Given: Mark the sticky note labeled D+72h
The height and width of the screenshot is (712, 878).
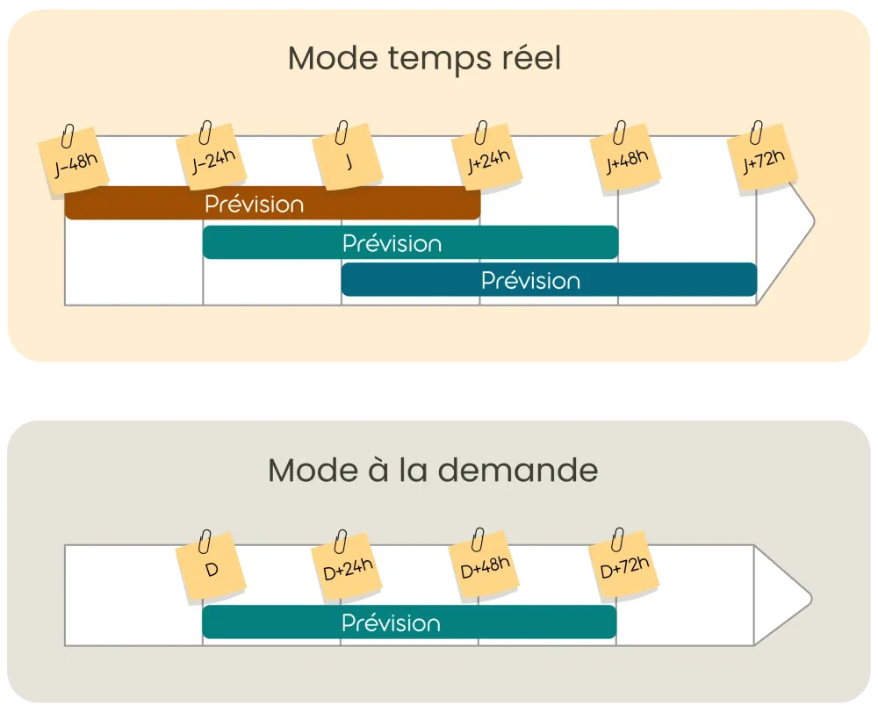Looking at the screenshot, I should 624,570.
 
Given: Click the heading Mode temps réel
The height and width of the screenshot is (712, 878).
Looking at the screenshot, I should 424,60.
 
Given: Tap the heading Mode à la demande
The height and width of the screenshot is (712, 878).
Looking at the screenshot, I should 433,471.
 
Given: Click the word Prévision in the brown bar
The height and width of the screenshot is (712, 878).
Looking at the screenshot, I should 255,204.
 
